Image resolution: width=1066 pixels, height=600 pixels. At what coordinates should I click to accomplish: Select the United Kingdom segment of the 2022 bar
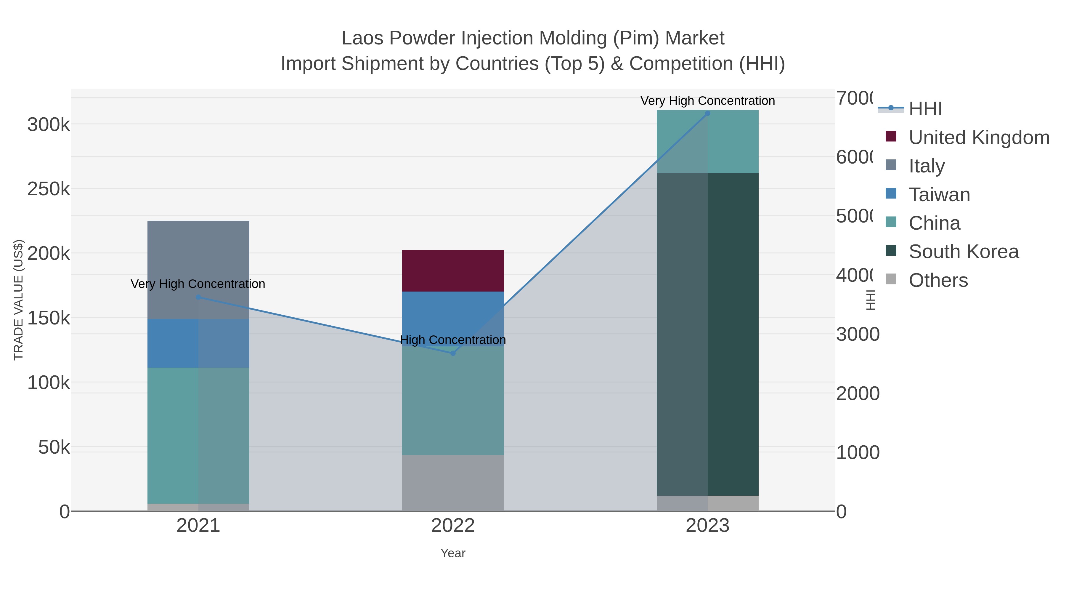point(453,271)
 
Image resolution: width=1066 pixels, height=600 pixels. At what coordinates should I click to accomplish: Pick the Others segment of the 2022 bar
point(453,483)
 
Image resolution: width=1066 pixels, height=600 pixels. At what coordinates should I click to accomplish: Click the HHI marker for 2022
point(453,353)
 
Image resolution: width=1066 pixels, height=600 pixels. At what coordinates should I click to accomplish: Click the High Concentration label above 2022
point(453,340)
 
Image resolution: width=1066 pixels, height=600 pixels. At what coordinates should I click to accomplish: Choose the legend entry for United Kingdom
point(979,137)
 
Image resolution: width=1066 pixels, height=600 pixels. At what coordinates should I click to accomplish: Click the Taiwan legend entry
point(939,195)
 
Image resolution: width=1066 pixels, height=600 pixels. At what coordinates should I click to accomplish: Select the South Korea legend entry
point(963,252)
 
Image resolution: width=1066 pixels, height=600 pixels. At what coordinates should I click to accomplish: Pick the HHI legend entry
point(925,109)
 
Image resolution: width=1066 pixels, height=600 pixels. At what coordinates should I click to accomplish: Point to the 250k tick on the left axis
point(49,189)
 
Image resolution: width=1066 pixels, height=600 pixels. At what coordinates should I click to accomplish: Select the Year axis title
point(453,553)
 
